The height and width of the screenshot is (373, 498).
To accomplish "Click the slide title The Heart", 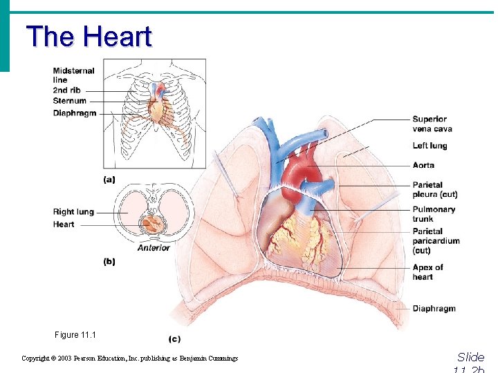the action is pos(89,37).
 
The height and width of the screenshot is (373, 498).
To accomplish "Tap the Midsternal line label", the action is pos(73,75).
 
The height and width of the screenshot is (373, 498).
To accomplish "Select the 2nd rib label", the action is pos(67,90).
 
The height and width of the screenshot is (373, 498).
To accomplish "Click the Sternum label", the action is pos(70,101).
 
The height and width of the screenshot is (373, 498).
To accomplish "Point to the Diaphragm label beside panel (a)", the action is pos(74,113).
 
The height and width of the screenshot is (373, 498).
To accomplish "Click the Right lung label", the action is pos(73,212).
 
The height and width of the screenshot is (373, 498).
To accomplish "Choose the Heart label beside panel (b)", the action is pos(64,224).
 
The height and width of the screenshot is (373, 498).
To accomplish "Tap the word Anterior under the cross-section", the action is pos(153,247).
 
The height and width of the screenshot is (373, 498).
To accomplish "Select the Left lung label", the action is pos(430,146).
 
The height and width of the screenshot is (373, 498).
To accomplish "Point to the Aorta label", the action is pos(423,166).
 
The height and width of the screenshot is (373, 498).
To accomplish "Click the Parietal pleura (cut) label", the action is pos(434,190).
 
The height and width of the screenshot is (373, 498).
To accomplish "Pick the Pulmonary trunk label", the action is pos(434,214).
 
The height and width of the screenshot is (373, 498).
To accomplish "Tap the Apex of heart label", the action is pos(427,272).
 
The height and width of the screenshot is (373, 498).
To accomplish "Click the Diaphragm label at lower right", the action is pos(434,309).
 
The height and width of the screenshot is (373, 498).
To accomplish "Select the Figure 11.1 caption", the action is pos(75,335).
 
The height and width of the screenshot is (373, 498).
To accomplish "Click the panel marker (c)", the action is pos(176,338).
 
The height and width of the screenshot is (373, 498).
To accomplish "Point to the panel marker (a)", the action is pos(109,180).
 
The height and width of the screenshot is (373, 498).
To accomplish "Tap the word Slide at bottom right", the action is pos(471,357).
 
